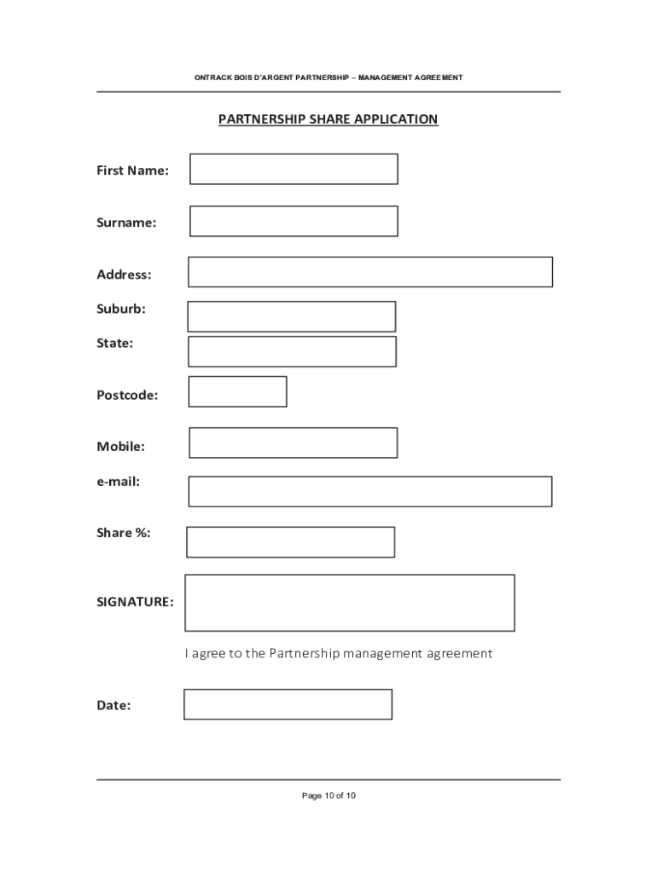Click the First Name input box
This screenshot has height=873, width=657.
(294, 169)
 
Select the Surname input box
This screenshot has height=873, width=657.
(294, 221)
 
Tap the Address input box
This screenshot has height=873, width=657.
(370, 272)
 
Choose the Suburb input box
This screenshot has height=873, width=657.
(292, 316)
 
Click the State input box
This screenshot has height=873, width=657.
(292, 351)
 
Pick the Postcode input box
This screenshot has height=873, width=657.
(237, 391)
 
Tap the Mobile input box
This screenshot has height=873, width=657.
(294, 442)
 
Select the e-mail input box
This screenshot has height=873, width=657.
(370, 491)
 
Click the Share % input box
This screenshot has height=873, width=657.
(291, 542)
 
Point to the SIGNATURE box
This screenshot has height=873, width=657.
(350, 603)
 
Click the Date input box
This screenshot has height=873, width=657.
(288, 704)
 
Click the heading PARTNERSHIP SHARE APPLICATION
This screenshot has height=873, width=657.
(328, 119)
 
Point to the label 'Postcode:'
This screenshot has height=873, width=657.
(127, 395)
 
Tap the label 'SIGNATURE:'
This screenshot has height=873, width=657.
(135, 602)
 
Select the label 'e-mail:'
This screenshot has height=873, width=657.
(118, 482)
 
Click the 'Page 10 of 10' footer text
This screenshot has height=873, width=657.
(328, 795)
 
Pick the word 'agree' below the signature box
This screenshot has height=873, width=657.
(209, 654)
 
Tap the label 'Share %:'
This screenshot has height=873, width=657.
(124, 533)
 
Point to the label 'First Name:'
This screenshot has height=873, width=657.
(132, 171)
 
